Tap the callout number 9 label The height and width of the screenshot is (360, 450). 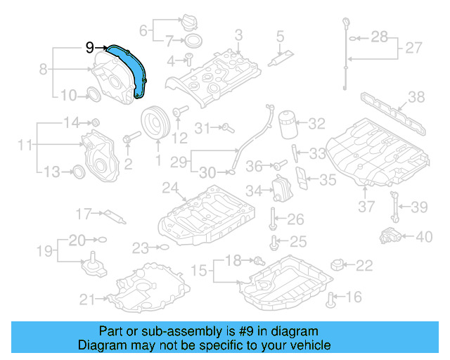point(89,47)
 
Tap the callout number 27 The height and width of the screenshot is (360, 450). point(414,49)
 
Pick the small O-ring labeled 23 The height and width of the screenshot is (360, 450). point(162,247)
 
